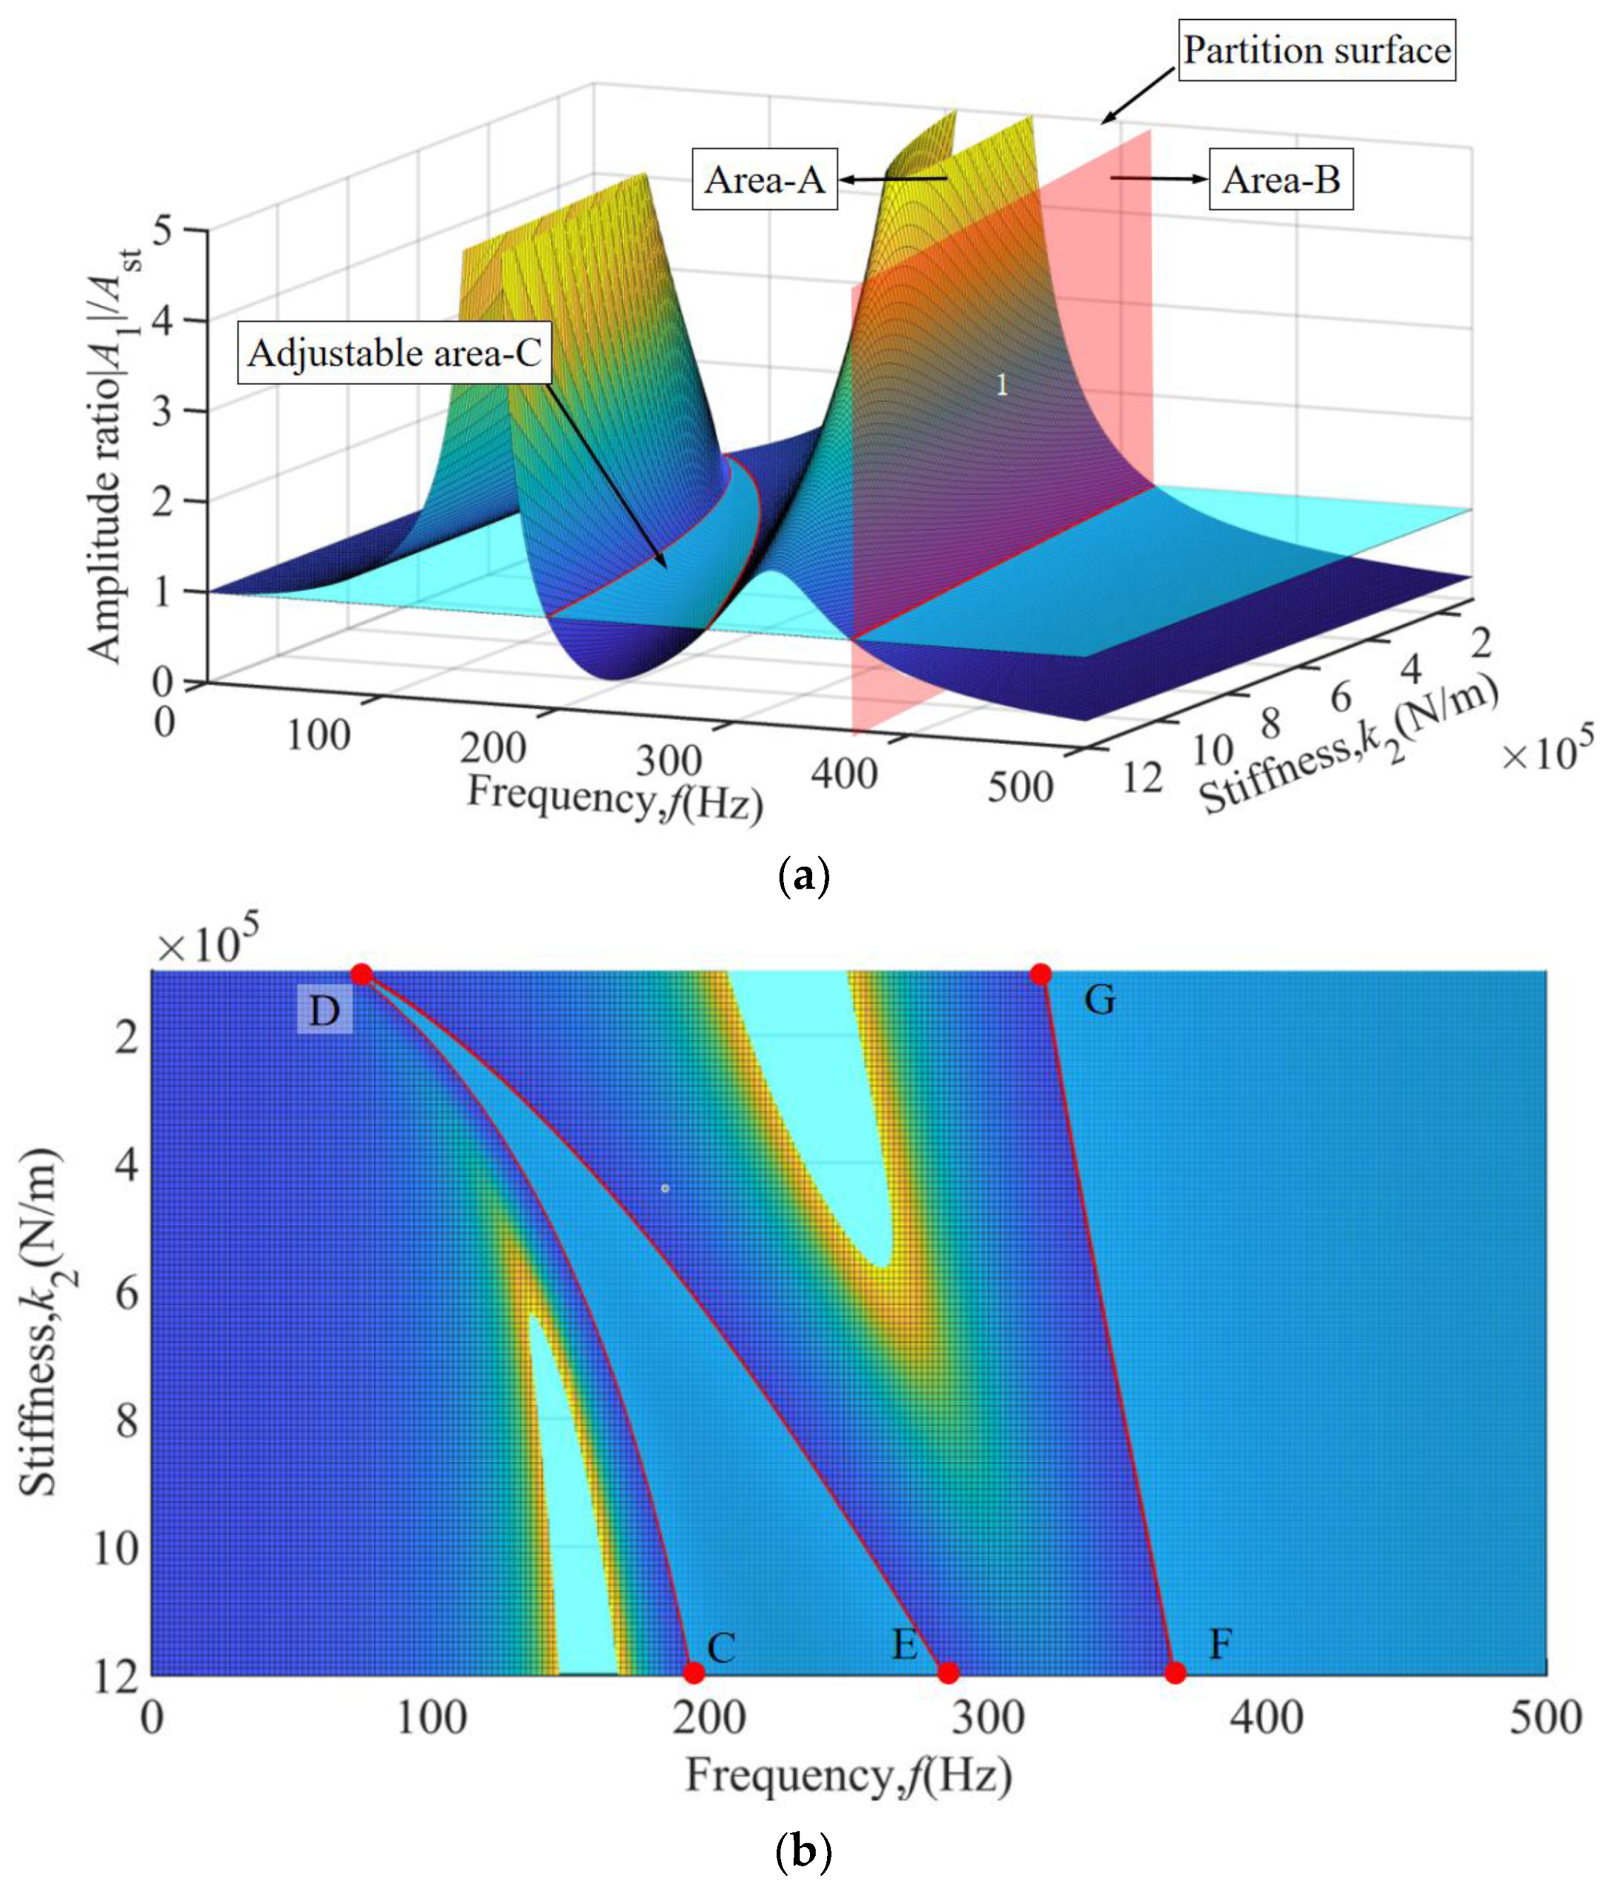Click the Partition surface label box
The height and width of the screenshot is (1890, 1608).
(1317, 52)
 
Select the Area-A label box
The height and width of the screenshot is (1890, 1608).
(764, 180)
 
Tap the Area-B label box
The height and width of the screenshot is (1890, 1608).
(1280, 180)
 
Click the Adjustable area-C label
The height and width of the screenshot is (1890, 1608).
(395, 353)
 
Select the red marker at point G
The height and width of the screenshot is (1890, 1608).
(1040, 974)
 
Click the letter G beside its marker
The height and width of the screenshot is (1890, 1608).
(1099, 1001)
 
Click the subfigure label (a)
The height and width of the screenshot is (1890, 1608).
(802, 877)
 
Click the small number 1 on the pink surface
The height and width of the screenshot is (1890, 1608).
(1002, 386)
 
